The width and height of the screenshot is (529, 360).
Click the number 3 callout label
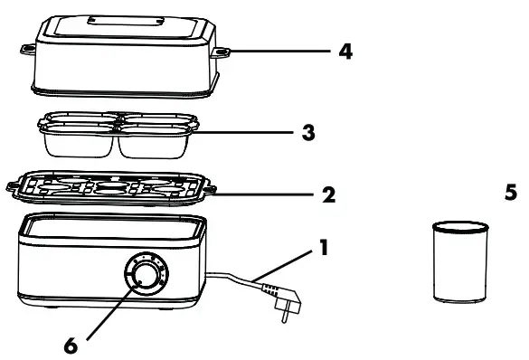[x=310, y=132]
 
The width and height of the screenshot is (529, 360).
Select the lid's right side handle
[x=219, y=54]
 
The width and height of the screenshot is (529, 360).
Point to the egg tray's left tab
[x=15, y=185]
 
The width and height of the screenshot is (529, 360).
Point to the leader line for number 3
[x=249, y=132]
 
